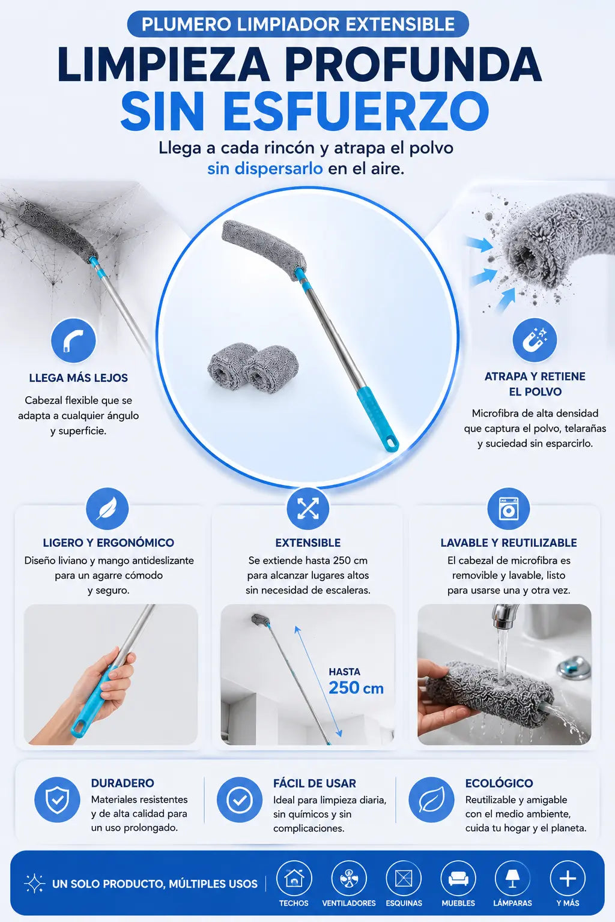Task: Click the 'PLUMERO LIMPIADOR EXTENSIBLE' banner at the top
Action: click(298, 24)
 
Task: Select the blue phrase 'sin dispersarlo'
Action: click(265, 169)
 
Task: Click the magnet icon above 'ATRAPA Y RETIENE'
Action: click(535, 340)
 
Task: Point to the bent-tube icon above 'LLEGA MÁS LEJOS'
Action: click(73, 340)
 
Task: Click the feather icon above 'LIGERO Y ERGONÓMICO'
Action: click(107, 509)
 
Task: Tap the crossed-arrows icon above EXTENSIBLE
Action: click(307, 509)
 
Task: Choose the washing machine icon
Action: click(508, 509)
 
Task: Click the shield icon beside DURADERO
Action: click(57, 800)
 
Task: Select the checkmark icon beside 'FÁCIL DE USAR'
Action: click(239, 800)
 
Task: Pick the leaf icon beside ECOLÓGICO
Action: click(431, 800)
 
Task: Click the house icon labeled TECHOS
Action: click(294, 879)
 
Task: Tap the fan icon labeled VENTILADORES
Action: click(348, 879)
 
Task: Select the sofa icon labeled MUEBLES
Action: click(458, 879)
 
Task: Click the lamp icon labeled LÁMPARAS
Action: click(512, 879)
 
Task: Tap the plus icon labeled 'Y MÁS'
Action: click(568, 879)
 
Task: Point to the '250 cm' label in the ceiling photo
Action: click(356, 688)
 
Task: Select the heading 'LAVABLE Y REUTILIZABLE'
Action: click(509, 543)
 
